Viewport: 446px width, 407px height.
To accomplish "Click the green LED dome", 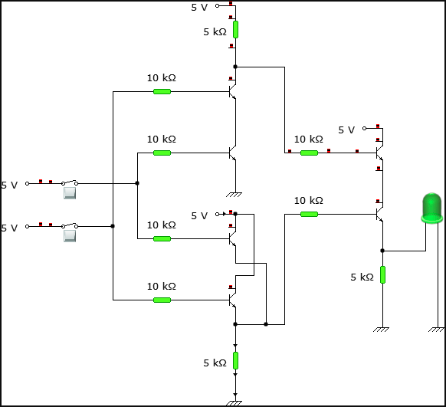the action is (x=432, y=208).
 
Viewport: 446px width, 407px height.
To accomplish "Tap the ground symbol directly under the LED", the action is (x=436, y=330).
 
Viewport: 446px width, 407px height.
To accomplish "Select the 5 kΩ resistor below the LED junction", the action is (x=382, y=274).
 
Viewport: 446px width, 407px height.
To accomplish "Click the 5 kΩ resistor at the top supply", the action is (x=235, y=29).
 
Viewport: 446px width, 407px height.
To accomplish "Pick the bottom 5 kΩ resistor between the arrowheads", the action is (x=235, y=360).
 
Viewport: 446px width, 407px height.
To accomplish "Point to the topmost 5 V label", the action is (x=199, y=8).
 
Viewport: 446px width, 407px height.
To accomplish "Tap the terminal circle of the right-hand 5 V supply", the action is (x=364, y=129).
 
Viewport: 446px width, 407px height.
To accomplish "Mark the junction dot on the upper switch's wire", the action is (x=137, y=183).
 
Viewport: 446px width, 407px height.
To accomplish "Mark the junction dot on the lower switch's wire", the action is (x=113, y=226).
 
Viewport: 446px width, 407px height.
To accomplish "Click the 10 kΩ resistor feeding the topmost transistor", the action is (x=162, y=91).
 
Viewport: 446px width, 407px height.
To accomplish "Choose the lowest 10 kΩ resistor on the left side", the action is (x=162, y=300).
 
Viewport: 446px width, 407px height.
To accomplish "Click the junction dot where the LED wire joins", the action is (x=382, y=251).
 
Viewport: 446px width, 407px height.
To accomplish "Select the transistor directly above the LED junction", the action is (x=379, y=214).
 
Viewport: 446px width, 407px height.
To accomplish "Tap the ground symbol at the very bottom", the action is (x=234, y=403).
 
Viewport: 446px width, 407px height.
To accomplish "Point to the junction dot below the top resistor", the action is (x=235, y=67).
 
